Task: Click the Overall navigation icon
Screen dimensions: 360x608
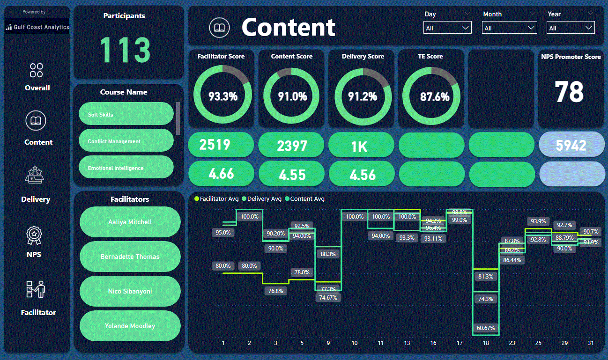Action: pos(37,71)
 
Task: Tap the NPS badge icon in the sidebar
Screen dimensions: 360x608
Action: pos(34,235)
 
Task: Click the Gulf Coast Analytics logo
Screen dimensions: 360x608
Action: pos(37,27)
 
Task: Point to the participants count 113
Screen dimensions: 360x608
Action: pos(125,50)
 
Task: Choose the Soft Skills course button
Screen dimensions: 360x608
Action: pos(126,114)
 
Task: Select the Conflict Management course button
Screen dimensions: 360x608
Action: pos(126,141)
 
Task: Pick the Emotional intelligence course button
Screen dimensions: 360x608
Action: pos(126,168)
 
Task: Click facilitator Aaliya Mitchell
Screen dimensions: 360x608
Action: pos(130,222)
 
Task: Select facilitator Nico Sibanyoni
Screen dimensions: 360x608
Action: pos(130,291)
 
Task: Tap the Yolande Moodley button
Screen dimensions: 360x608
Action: pos(130,326)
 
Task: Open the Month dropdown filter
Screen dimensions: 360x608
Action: pos(509,28)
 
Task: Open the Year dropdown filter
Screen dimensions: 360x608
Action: pos(571,28)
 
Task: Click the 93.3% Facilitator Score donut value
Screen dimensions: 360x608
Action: pos(222,97)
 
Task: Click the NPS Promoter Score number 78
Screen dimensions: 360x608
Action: pos(569,92)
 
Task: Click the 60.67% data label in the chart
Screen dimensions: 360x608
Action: pos(486,328)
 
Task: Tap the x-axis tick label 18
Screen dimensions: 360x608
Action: pos(486,343)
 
